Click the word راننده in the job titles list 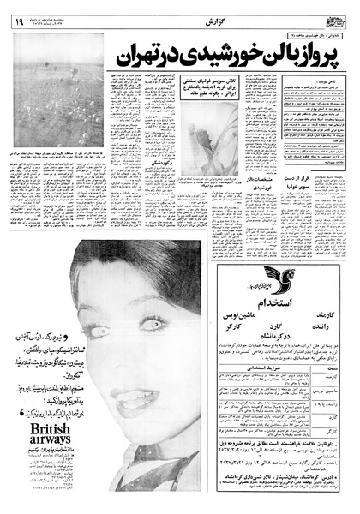pos(327,326)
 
